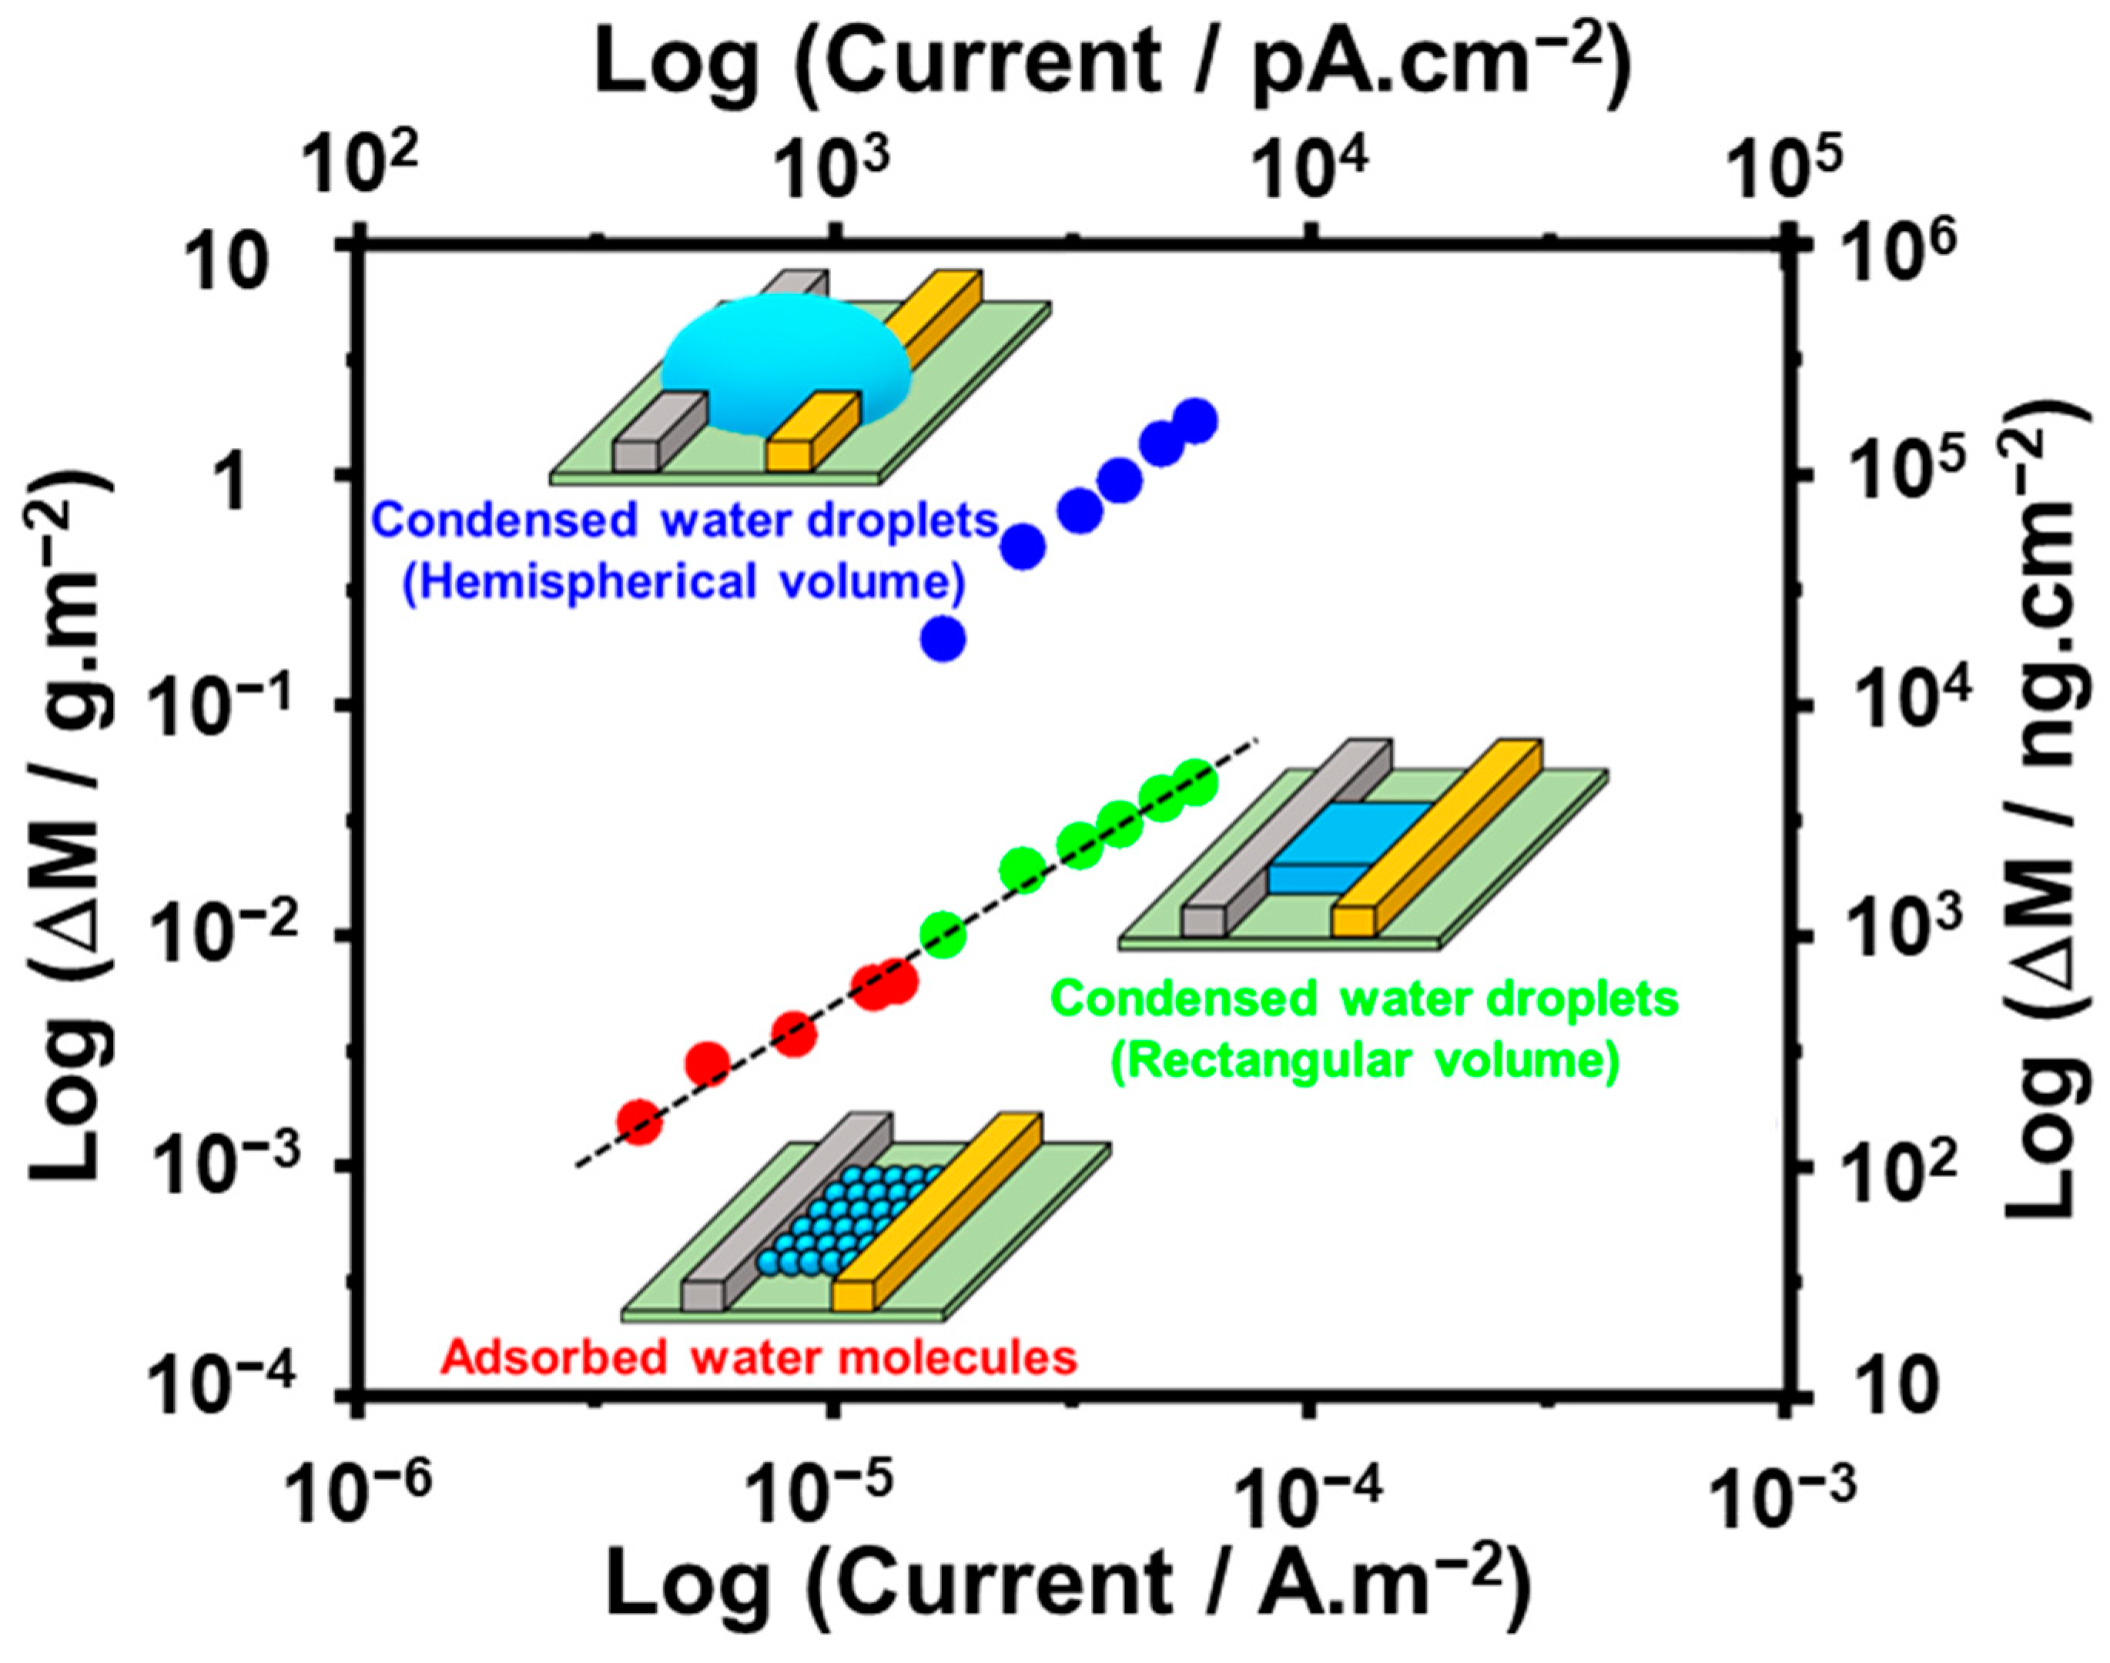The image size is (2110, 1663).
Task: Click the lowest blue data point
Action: pyautogui.click(x=943, y=640)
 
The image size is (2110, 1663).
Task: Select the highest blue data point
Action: pyautogui.click(x=1196, y=420)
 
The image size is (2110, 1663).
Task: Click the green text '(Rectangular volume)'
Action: pyautogui.click(x=1365, y=1060)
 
